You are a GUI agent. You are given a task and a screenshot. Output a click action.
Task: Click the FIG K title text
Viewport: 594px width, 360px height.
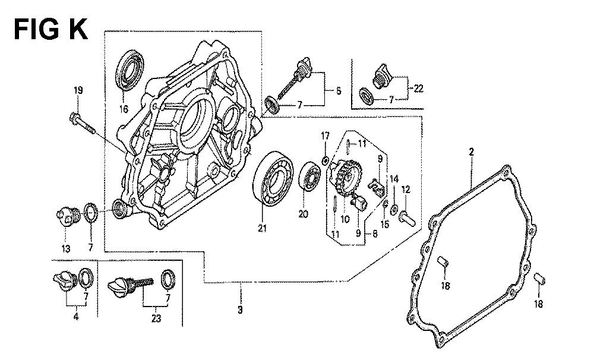point(50,28)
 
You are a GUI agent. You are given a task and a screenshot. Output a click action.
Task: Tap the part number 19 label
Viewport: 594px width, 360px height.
point(78,91)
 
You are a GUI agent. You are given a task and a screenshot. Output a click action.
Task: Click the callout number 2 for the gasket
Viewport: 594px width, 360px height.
point(471,153)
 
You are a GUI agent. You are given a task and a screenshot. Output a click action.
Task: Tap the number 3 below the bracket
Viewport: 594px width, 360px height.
point(240,310)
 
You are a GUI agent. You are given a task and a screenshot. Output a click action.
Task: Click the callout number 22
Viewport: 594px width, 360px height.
point(418,89)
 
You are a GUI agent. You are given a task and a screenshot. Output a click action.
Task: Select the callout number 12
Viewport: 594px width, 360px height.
point(406,190)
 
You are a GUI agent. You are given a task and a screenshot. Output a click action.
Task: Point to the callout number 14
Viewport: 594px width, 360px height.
point(393,179)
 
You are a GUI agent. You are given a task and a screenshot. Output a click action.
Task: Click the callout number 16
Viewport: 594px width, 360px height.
point(125,109)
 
